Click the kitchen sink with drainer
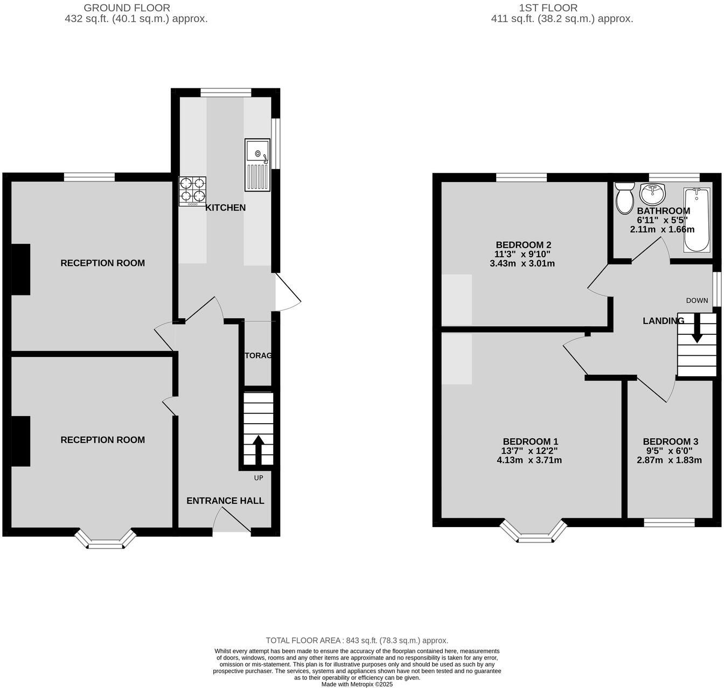[x=257, y=165]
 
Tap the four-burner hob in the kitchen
[x=193, y=192]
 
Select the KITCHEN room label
[x=225, y=208]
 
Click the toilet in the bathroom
[x=625, y=198]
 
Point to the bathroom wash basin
[x=653, y=192]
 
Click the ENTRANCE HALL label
[x=225, y=501]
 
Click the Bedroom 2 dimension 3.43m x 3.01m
[x=522, y=264]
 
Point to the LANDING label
[x=663, y=321]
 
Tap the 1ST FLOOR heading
[x=548, y=8]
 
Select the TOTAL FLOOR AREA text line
[x=357, y=641]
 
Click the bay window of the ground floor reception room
[x=106, y=540]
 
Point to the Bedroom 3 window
[x=669, y=522]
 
